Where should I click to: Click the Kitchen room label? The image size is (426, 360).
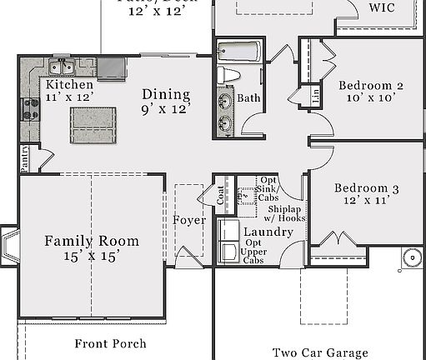[x=69, y=85]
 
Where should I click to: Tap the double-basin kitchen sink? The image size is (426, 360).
[x=61, y=67]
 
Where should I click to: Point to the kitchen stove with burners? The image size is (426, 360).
[x=30, y=108]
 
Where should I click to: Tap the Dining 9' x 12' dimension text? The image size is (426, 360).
[x=165, y=108]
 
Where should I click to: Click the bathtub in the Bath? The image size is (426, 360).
[x=238, y=52]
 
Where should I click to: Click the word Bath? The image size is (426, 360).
[x=249, y=98]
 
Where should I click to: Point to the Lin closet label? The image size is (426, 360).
[x=314, y=97]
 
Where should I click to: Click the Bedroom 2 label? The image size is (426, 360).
[x=370, y=86]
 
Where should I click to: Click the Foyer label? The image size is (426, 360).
[x=188, y=220]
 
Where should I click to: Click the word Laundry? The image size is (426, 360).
[x=268, y=232]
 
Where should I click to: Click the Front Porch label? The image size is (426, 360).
[x=110, y=343]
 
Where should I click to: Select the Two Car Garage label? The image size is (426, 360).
[x=320, y=352]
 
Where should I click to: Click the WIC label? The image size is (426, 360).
[x=382, y=7]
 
